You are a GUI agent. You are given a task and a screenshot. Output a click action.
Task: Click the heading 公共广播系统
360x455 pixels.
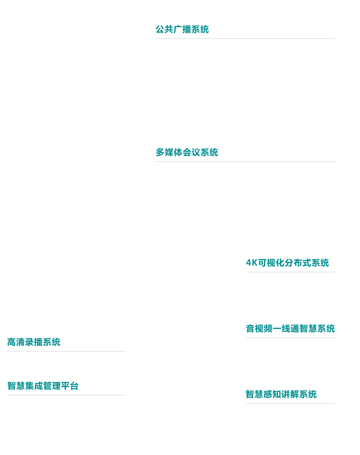tap(182, 29)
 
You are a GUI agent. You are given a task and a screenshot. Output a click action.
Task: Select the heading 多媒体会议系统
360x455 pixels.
tap(187, 152)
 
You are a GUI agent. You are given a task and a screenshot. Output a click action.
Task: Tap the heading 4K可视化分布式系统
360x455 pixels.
tap(287, 263)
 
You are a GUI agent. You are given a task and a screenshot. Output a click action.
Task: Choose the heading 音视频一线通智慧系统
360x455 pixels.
tap(290, 329)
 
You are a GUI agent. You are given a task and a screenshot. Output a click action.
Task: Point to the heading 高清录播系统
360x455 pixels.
tap(34, 342)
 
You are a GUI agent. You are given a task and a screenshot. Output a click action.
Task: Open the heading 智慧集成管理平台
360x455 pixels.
tap(43, 386)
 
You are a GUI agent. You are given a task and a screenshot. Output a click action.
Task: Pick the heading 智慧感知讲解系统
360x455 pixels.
tap(281, 394)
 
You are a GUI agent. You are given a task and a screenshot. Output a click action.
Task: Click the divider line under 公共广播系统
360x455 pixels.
tap(245, 39)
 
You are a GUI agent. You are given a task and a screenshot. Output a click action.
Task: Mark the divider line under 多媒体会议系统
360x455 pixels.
tap(246, 162)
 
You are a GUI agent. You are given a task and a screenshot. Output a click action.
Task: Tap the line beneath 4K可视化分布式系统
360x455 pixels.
tap(291, 272)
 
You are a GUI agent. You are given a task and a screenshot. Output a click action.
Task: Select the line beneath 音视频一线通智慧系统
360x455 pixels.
tap(291, 338)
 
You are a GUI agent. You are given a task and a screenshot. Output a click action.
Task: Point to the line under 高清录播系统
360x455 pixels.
tap(67, 351)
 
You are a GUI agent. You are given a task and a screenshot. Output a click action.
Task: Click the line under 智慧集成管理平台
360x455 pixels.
tap(67, 395)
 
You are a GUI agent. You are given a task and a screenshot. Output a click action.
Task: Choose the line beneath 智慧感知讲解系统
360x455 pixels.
tap(291, 404)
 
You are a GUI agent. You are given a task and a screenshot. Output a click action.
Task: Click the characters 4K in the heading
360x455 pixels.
tap(252, 263)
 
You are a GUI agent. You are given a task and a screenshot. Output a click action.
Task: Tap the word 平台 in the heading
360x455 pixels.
tap(70, 386)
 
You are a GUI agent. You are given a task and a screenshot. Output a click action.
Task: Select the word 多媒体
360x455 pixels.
tap(169, 152)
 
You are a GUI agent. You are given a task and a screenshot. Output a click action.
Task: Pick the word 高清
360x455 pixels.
tap(16, 342)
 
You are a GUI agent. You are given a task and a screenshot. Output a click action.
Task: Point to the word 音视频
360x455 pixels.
tap(259, 329)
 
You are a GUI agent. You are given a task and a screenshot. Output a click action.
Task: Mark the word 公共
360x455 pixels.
tap(165, 29)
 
